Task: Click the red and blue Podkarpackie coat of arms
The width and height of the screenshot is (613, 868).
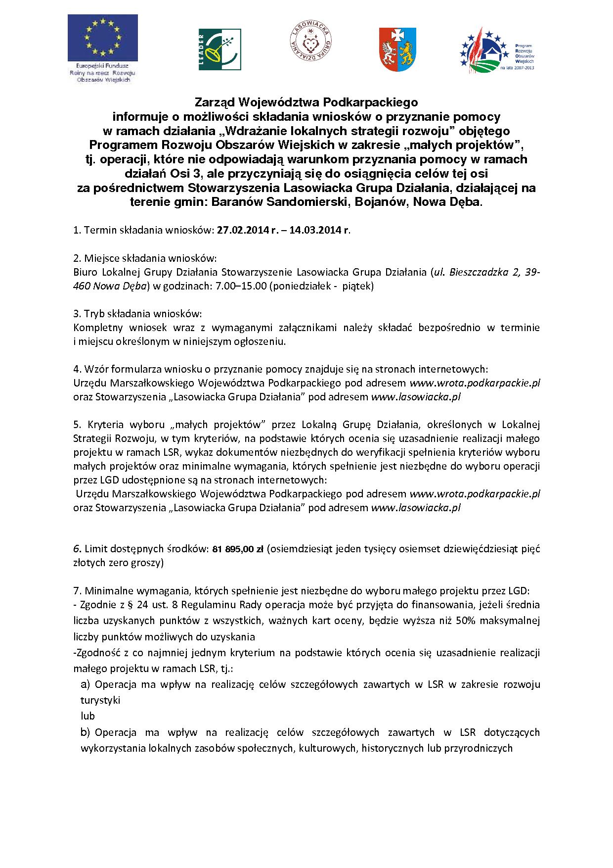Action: [397, 48]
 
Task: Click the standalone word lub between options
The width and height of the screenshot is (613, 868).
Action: [88, 716]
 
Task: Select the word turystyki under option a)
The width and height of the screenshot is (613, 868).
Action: [100, 700]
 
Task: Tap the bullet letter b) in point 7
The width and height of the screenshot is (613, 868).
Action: [86, 732]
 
